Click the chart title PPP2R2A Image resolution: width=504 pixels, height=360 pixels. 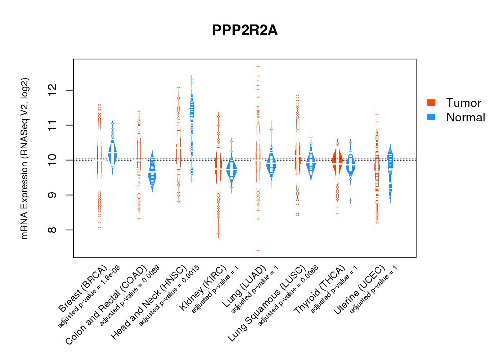tap(245, 30)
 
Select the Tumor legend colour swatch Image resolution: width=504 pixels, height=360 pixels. tap(431, 103)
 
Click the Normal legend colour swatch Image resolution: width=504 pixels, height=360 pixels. tap(431, 117)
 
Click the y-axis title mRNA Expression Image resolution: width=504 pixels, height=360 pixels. tap(24, 158)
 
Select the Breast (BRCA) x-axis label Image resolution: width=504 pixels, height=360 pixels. tap(84, 289)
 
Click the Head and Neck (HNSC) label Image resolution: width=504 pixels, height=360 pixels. tap(149, 302)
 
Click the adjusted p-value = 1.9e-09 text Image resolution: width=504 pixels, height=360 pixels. tap(89, 297)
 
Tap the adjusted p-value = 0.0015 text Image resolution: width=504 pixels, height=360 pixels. tap(169, 296)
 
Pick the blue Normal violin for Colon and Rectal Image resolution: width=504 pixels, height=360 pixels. tap(152, 173)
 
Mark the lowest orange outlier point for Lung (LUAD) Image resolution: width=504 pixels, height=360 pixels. tap(258, 250)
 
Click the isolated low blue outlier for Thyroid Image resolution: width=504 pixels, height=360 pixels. tap(350, 201)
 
